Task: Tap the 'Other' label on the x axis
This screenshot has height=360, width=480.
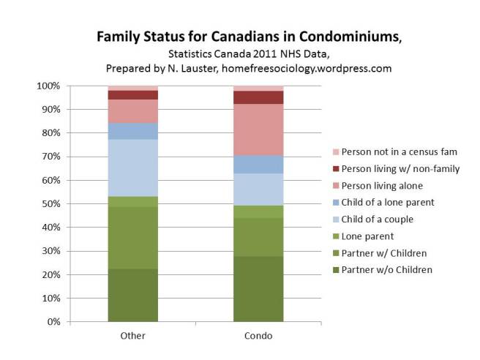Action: point(132,337)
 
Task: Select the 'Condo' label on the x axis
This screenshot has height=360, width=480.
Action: point(258,337)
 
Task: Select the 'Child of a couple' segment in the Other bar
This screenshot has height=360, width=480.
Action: point(132,168)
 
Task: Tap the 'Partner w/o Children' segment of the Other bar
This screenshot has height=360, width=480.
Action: point(132,295)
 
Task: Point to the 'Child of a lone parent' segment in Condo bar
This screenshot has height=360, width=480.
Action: point(258,164)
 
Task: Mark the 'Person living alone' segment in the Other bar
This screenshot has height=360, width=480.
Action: point(132,110)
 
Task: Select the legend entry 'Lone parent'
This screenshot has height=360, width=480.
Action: point(367,236)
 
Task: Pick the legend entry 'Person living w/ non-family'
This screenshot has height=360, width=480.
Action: point(396,168)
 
